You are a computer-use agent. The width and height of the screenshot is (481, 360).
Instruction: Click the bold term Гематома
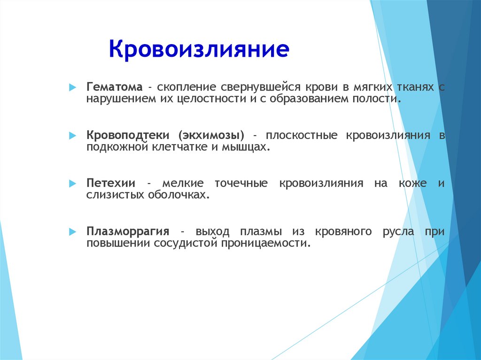tap(115, 87)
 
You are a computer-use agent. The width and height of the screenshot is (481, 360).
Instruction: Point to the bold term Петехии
tap(111, 183)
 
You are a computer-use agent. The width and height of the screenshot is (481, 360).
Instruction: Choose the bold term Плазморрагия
tap(128, 231)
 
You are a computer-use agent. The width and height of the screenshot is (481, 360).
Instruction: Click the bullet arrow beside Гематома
tap(73, 87)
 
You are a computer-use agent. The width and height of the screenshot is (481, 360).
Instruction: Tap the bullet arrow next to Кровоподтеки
tap(73, 135)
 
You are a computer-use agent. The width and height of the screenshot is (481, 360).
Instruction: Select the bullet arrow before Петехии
tap(73, 184)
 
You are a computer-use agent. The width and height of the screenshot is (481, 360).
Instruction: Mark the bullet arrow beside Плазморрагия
tap(73, 231)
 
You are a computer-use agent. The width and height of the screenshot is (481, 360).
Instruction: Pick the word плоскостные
tap(302, 135)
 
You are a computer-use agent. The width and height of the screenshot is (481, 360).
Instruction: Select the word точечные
tap(241, 184)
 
